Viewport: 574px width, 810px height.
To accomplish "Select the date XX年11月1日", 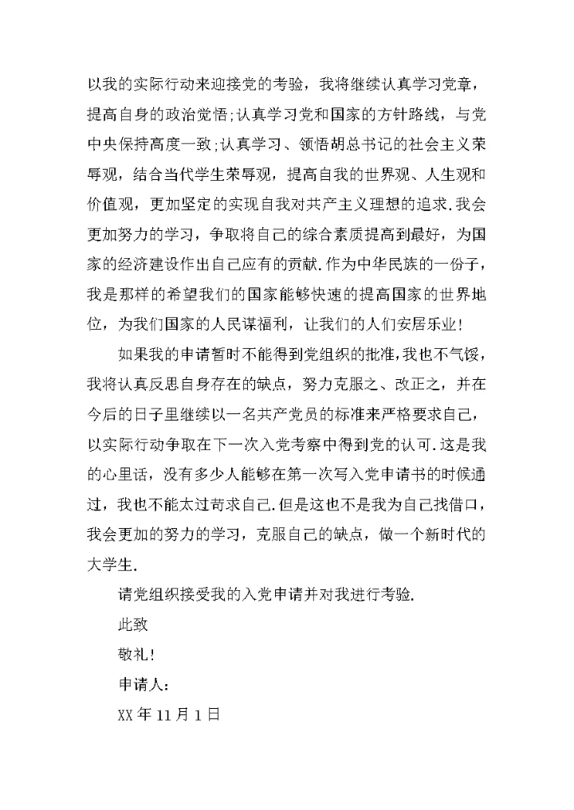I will coord(167,715).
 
